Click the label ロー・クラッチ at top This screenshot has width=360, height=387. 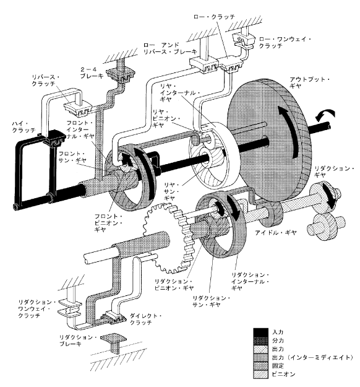point(214,17)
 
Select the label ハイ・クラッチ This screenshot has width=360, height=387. point(24,126)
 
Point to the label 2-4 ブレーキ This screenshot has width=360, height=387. point(92,73)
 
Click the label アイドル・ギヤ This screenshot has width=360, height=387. point(275,232)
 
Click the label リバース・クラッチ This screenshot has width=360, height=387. point(46,80)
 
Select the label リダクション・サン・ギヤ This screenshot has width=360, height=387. point(212,302)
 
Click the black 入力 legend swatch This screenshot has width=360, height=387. point(260,333)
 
